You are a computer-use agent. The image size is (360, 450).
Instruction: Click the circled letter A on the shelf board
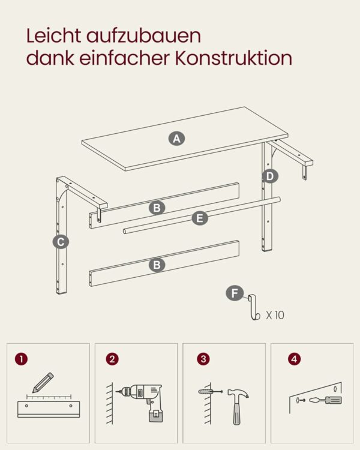tap(176, 139)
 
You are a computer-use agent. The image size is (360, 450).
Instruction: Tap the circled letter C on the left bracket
tap(61, 242)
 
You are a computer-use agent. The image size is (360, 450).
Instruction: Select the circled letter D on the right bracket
tap(270, 176)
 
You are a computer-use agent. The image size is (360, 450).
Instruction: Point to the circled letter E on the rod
tap(200, 218)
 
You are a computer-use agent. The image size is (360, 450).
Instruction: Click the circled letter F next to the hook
tap(235, 293)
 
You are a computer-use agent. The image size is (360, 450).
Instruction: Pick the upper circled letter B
tap(157, 208)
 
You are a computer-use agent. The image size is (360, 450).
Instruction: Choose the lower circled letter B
tap(157, 265)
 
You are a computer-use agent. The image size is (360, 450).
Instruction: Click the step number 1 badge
tap(22, 359)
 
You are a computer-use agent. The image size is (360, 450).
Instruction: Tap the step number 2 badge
tap(112, 359)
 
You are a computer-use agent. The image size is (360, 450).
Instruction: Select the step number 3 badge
tap(203, 359)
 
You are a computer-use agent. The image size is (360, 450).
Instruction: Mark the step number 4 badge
tap(294, 359)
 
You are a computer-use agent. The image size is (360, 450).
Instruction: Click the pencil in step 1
tap(43, 383)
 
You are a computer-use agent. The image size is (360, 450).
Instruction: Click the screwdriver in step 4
tap(326, 400)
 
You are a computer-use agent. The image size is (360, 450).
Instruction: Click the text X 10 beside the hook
tap(275, 315)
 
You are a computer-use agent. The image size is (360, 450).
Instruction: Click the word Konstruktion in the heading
tap(233, 58)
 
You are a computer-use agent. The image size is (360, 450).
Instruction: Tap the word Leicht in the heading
tap(53, 35)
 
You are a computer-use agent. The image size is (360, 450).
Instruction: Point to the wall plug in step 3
tap(210, 391)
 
